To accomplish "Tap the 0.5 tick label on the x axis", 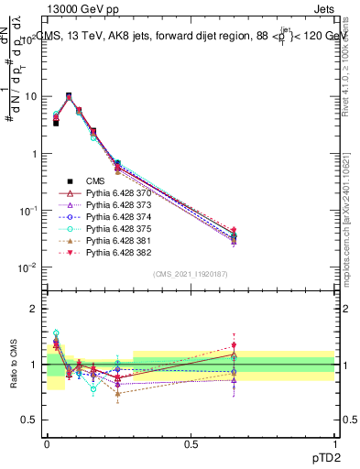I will pos(191,442).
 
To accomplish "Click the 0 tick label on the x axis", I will pos(47,442).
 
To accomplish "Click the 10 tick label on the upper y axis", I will pos(31,96).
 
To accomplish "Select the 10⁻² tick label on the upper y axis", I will pos(29,267).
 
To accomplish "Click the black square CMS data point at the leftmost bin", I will pos(56,122).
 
